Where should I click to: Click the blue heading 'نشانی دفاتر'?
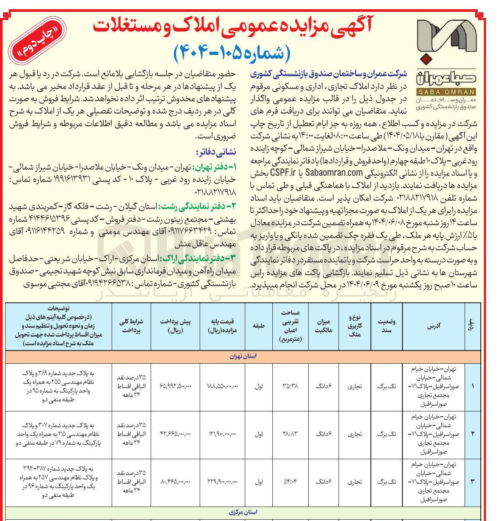pos(216,152)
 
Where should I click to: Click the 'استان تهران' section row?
pos(243,356)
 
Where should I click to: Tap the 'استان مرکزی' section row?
pos(243,512)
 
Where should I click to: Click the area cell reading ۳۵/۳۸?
pos(291,386)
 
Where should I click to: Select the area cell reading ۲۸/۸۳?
pos(291,434)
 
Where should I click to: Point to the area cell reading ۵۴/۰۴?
pos(291,482)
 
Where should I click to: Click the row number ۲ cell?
pos(472,434)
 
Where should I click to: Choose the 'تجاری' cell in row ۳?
pos(354,482)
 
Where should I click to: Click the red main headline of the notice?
pos(232,26)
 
